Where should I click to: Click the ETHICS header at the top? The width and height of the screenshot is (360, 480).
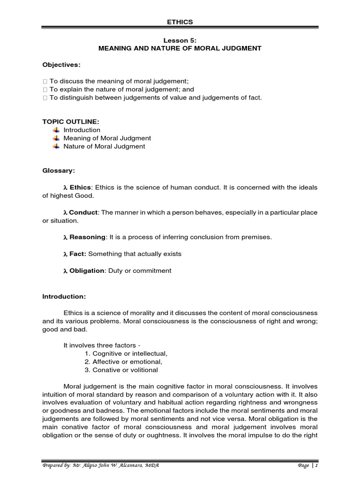tap(180, 22)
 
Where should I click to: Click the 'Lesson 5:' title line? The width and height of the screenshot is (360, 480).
tap(180, 41)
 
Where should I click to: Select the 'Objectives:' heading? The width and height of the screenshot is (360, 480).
tap(61, 64)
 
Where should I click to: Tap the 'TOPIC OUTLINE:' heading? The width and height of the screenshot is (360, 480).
tap(70, 121)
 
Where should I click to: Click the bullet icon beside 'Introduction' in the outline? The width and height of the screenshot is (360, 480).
tap(56, 130)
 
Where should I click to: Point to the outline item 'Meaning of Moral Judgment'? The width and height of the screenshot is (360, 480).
tap(107, 138)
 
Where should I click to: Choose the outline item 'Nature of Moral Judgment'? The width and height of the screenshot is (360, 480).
tap(105, 146)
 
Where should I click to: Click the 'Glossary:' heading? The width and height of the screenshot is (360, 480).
tap(59, 171)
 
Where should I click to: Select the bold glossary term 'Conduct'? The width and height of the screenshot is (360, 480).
tap(84, 212)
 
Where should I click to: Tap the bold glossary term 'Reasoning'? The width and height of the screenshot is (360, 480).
tap(88, 237)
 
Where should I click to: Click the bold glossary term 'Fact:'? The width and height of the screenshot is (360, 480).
tap(78, 254)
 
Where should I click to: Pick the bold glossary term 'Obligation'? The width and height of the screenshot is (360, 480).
tap(87, 270)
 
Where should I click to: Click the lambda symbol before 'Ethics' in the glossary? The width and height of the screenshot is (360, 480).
tap(66, 187)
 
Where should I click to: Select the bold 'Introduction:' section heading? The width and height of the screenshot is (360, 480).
tap(64, 296)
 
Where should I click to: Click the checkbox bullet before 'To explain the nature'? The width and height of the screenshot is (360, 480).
tap(45, 90)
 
